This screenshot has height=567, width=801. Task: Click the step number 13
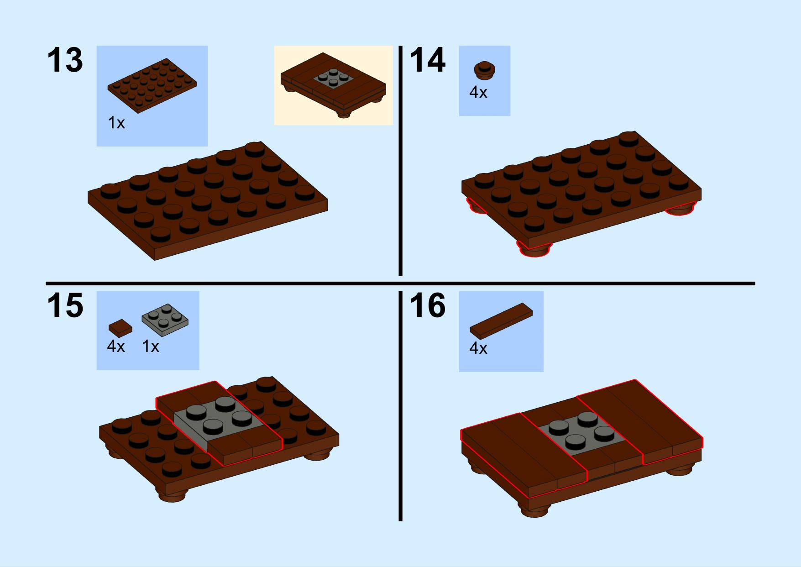click(65, 60)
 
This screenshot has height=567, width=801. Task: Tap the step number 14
click(427, 60)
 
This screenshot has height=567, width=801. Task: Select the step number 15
click(65, 305)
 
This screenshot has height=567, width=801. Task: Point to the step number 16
click(427, 305)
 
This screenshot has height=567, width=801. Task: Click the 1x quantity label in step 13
click(116, 123)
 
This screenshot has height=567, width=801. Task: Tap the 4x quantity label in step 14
click(478, 93)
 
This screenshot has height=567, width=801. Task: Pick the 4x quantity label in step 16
click(478, 349)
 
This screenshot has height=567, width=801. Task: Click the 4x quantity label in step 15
click(116, 346)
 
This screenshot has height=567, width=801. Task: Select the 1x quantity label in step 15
click(151, 346)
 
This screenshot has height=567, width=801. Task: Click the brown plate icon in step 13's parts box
click(152, 86)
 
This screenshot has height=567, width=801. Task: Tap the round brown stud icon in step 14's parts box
click(485, 69)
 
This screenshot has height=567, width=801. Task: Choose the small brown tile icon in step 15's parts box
click(120, 328)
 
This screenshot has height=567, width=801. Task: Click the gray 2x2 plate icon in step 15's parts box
click(165, 320)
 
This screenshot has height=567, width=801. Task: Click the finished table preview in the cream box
click(333, 85)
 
